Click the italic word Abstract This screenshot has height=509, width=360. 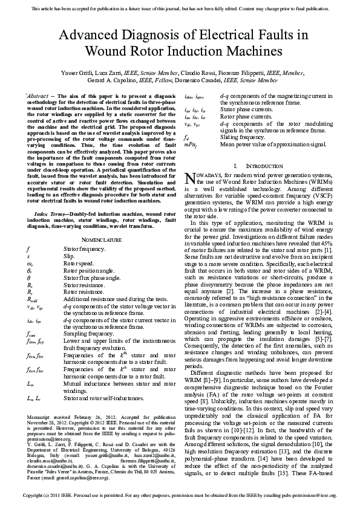39,96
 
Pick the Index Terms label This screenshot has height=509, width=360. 50,215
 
